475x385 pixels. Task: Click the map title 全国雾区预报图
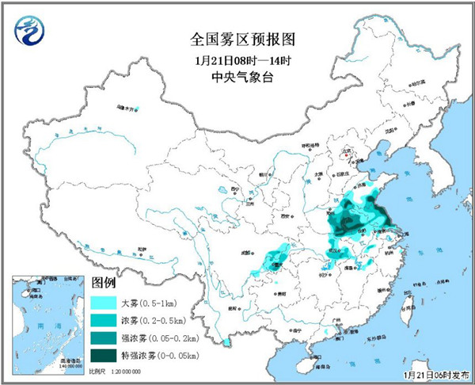237,37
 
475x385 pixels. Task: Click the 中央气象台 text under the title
237,77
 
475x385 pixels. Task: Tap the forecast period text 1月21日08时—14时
237,58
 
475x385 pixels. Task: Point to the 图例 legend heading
104,283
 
